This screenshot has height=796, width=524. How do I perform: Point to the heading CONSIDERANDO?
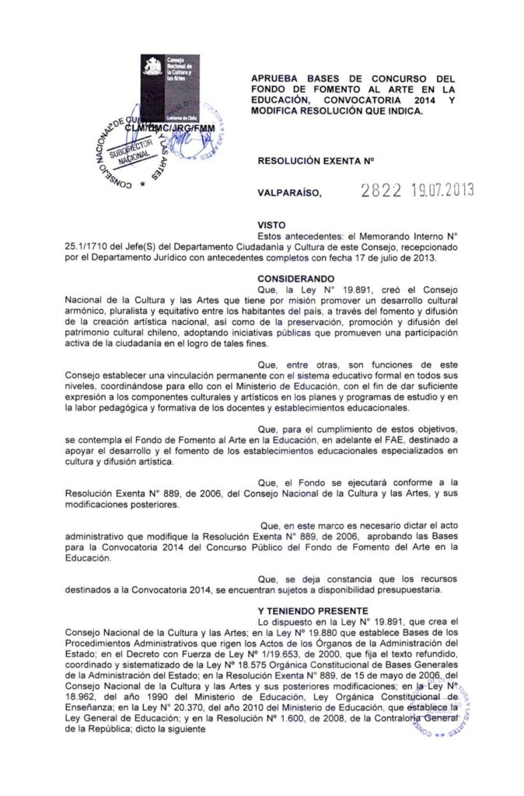295,278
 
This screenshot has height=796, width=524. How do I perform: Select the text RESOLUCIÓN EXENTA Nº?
305,160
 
